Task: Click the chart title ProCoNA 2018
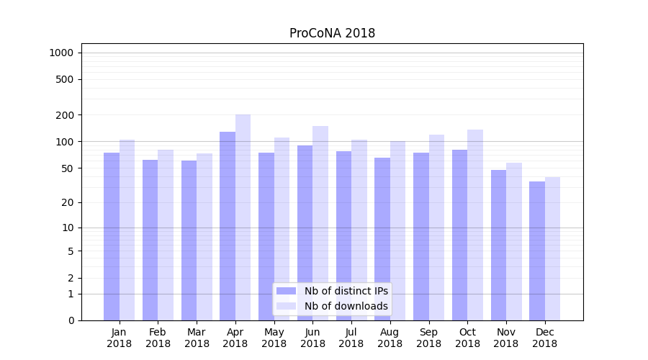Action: click(332, 33)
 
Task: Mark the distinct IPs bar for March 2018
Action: click(189, 240)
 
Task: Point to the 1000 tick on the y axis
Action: click(61, 53)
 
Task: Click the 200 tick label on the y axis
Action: click(65, 115)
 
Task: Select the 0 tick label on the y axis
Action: click(71, 320)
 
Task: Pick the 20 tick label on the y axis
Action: click(68, 202)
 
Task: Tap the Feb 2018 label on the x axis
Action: click(158, 338)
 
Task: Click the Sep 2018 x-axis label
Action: click(428, 338)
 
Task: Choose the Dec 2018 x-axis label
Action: click(544, 338)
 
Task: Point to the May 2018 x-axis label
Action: click(274, 338)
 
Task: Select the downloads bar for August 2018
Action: click(398, 230)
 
